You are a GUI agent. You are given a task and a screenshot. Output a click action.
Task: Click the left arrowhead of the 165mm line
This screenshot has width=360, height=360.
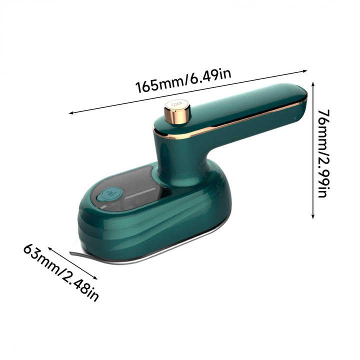[71, 113]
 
